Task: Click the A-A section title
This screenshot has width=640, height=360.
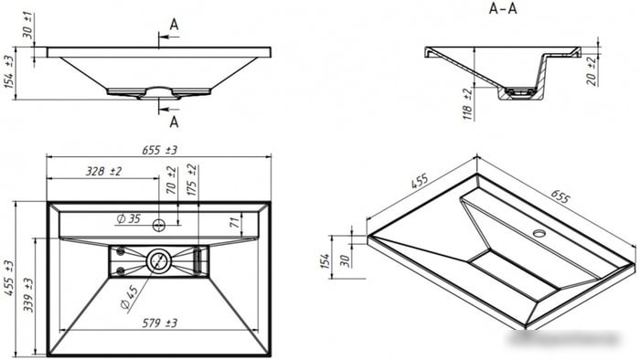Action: tap(503, 8)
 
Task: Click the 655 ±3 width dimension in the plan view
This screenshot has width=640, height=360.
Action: tap(160, 150)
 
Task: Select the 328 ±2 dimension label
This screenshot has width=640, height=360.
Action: tap(103, 171)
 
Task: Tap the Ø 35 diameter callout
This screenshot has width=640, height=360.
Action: tap(129, 218)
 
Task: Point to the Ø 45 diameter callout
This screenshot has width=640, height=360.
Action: tap(130, 297)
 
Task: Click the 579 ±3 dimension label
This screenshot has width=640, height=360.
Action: tap(160, 323)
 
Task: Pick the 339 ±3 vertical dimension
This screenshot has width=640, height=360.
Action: tap(28, 295)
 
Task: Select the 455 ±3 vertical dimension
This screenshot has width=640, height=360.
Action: tap(9, 279)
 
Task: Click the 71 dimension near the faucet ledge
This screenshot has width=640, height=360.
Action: tap(234, 222)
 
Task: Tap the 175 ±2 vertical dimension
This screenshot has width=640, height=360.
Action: tap(192, 180)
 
